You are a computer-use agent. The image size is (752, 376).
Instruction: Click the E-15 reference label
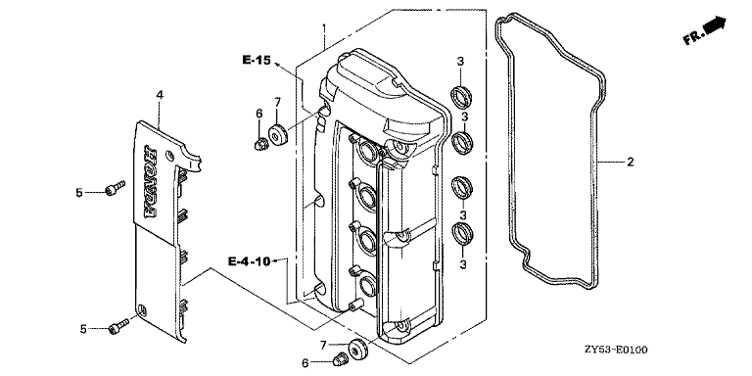point(257,61)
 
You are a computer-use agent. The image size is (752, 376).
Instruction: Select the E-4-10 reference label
point(249,261)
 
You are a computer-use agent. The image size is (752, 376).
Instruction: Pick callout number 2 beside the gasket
point(631,163)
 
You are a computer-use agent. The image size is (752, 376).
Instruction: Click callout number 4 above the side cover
point(160,95)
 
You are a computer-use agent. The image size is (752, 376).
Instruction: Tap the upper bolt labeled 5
point(115,188)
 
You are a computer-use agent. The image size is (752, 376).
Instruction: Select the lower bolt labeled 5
point(118,326)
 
